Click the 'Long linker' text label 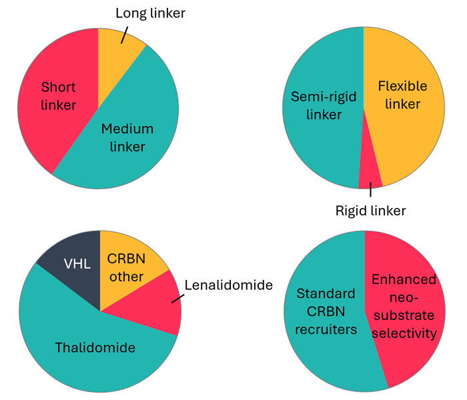click(x=150, y=13)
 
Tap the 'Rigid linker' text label click(x=370, y=211)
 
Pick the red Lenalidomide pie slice click(x=150, y=307)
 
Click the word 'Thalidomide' click(x=95, y=347)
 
